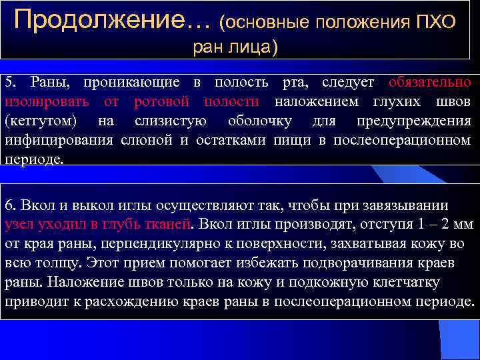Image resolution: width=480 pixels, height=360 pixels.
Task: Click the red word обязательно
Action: pos(431,83)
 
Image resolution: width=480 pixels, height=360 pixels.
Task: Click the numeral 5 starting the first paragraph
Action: pos(9,83)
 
